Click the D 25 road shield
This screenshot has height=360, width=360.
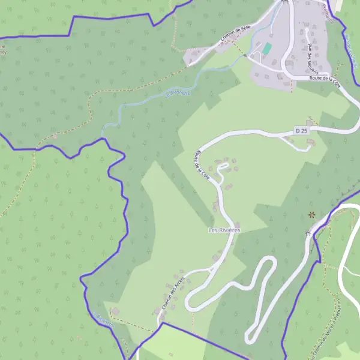click(301, 130)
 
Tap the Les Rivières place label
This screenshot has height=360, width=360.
click(224, 230)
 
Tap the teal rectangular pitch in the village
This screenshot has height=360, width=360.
click(267, 48)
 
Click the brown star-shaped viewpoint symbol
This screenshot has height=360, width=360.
click(311, 214)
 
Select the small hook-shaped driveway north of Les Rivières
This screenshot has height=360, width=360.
click(223, 171)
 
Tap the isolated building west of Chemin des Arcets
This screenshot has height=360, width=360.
click(115, 311)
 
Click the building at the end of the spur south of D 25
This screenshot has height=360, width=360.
click(310, 142)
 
